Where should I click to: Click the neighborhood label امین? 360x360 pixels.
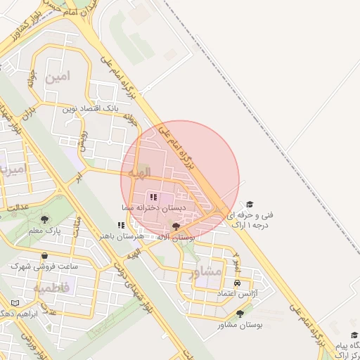58,77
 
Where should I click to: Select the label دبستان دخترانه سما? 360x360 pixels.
162,208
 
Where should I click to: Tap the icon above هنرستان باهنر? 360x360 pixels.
122,225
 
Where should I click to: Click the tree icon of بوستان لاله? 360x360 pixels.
176,226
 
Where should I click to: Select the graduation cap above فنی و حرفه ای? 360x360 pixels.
250,203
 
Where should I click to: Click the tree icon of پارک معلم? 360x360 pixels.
45,220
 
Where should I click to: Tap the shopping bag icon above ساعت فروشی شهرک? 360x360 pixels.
45,256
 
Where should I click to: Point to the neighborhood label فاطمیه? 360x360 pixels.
52,288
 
